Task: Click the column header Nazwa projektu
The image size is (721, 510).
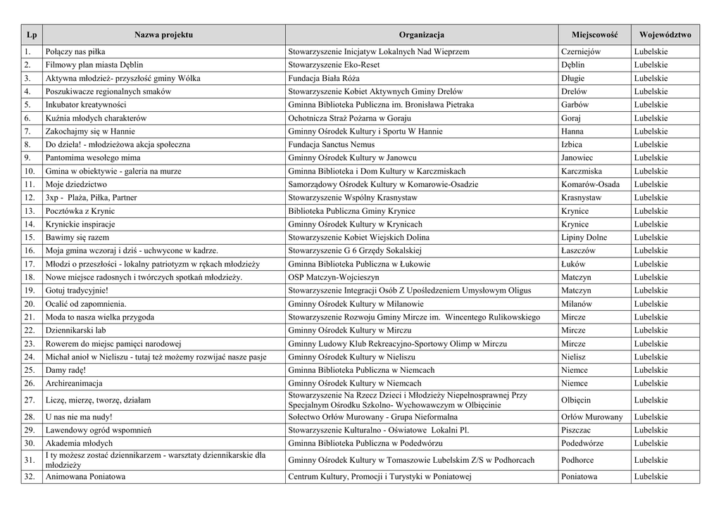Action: (163, 34)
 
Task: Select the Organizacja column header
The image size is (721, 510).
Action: (421, 34)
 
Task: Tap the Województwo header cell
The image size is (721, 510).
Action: (665, 34)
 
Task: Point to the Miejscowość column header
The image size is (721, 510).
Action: (594, 34)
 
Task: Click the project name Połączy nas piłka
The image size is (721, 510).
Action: (75, 51)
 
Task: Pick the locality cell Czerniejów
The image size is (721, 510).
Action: (581, 51)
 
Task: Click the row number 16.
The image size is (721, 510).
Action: (30, 250)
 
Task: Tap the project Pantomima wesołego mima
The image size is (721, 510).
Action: (93, 158)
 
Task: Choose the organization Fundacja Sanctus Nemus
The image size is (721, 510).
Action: (334, 144)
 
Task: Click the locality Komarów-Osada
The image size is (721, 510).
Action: (591, 184)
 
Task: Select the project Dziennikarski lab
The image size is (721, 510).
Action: (76, 330)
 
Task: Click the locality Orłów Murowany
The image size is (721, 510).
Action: (592, 416)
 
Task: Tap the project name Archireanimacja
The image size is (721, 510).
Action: (74, 383)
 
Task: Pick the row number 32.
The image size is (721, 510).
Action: (30, 476)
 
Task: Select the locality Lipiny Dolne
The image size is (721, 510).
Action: (584, 237)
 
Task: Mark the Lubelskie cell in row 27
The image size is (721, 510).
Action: (651, 400)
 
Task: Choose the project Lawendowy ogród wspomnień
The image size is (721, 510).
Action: (99, 430)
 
